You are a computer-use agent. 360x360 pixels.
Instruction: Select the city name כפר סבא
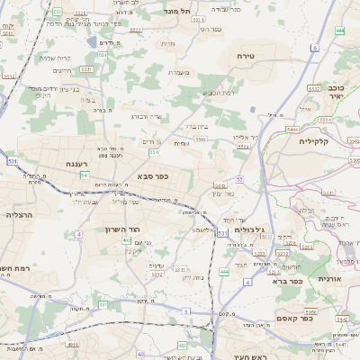[x=154, y=176]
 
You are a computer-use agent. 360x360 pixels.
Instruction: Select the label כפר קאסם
[x=318, y=317]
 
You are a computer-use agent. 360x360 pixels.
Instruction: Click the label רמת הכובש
[x=219, y=93]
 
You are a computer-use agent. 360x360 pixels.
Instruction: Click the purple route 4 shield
[x=78, y=234]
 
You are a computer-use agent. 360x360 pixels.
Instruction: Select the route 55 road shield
[x=239, y=179]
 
